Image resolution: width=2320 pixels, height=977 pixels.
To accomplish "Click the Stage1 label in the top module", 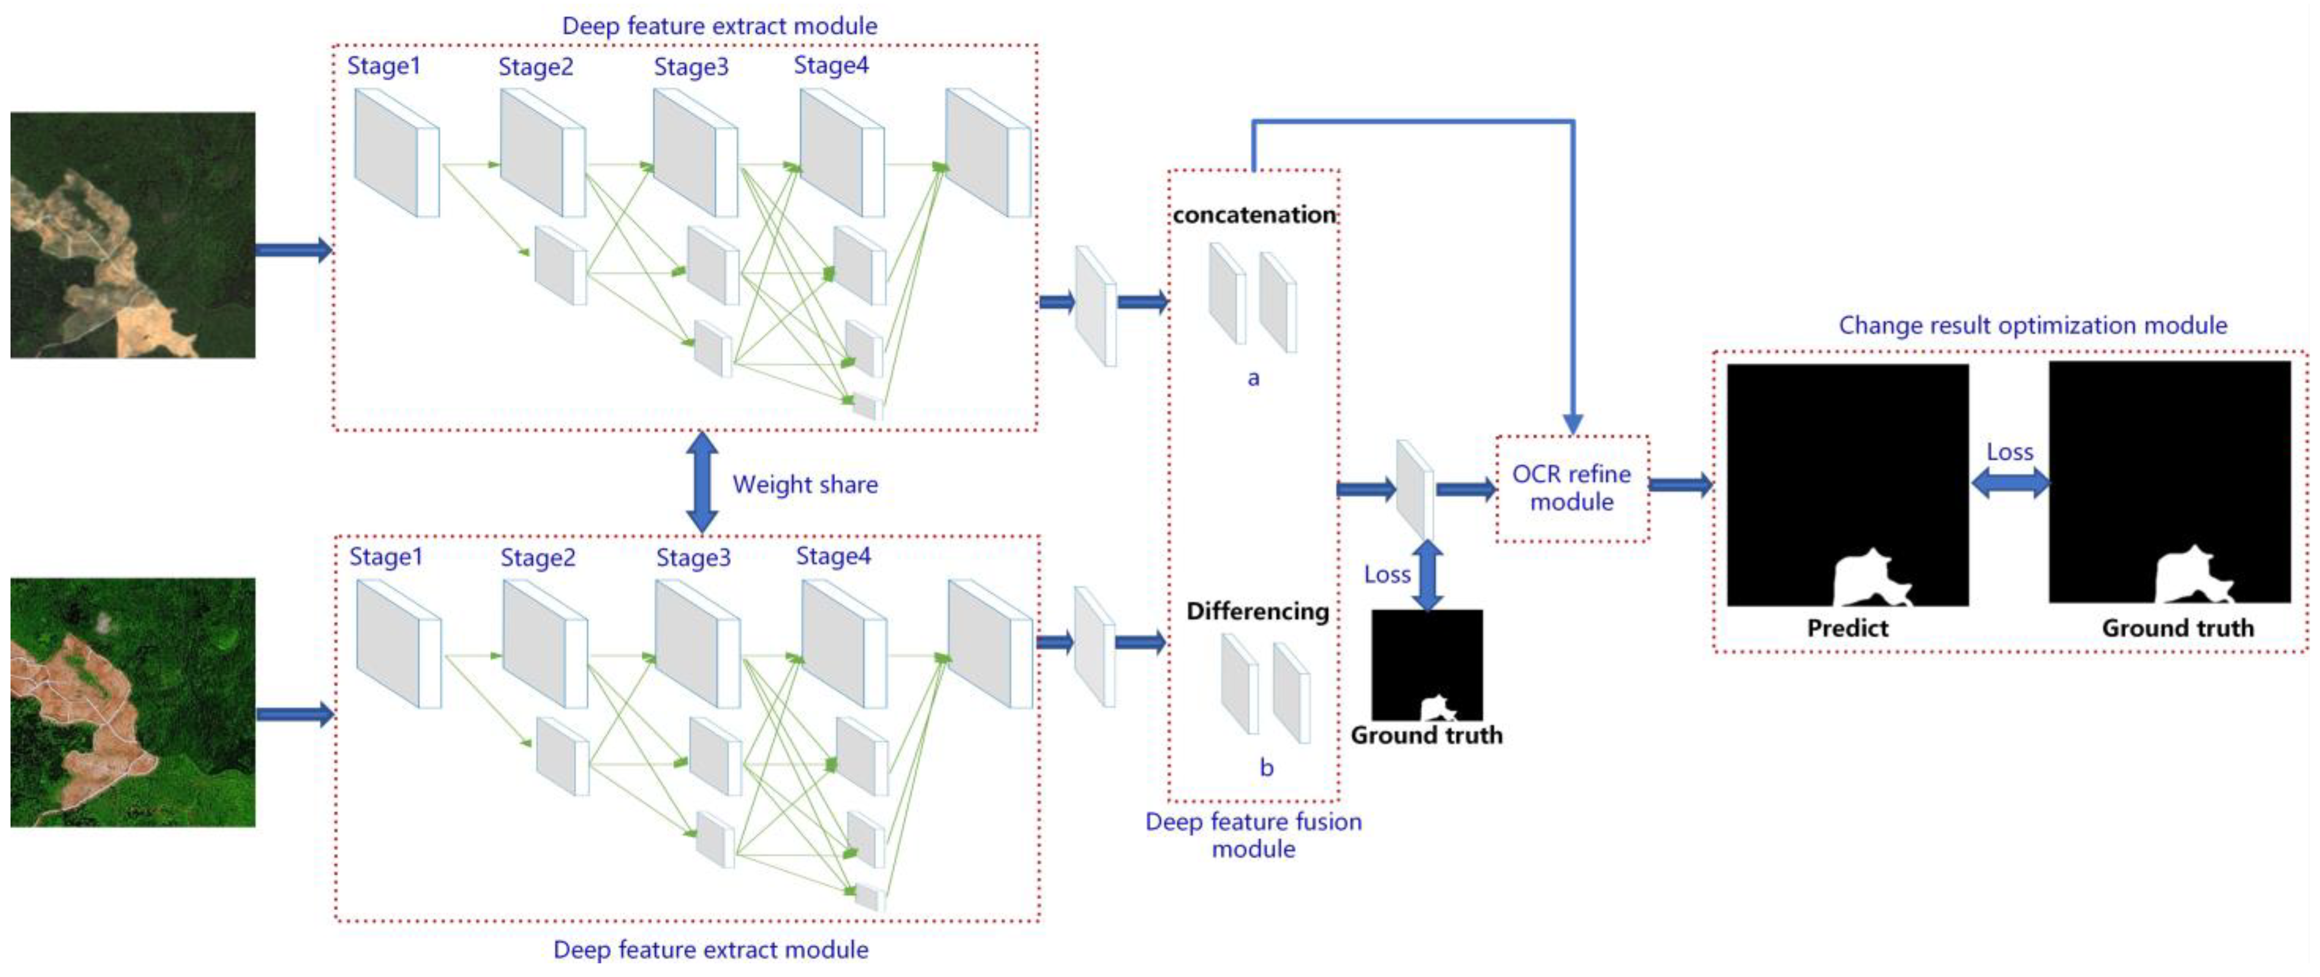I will click(x=384, y=67).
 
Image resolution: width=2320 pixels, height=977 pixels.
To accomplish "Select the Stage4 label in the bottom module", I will click(x=833, y=557).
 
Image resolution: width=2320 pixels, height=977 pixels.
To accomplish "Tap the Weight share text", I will click(x=804, y=485).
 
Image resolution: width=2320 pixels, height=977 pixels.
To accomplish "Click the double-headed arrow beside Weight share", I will click(x=701, y=482).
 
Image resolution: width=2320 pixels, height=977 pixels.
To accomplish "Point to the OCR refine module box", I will click(x=1572, y=488).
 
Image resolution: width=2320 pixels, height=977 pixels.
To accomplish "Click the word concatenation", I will click(x=1254, y=214).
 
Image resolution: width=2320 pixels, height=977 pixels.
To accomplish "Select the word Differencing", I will click(x=1257, y=611).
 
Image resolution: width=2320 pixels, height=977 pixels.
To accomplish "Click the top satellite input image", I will click(x=133, y=235).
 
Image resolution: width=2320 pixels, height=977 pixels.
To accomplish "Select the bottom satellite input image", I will click(x=133, y=702).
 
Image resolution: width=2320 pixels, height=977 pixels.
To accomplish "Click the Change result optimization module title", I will click(x=2033, y=325).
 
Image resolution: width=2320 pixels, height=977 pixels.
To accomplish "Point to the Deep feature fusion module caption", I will click(x=1253, y=835).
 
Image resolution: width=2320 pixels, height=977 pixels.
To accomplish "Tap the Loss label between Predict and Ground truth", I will click(x=2009, y=452).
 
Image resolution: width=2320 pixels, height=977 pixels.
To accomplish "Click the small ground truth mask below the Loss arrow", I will click(x=1427, y=664).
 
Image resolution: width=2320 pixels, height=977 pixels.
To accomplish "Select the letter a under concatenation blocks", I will click(x=1253, y=378).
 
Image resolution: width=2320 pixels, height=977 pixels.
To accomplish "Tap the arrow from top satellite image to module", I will click(x=293, y=250).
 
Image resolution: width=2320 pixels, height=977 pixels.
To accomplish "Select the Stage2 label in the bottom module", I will click(x=538, y=558).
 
